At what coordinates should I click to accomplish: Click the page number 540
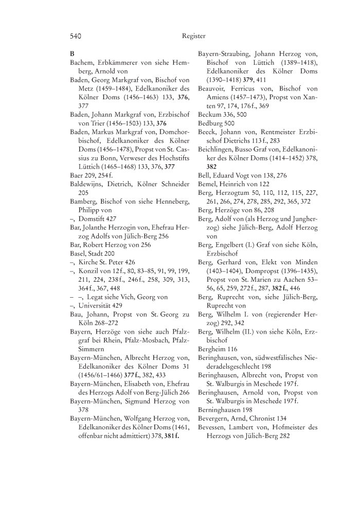pos(76,36)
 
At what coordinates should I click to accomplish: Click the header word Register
pos(194,36)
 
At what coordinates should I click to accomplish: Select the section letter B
pos(72,53)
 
